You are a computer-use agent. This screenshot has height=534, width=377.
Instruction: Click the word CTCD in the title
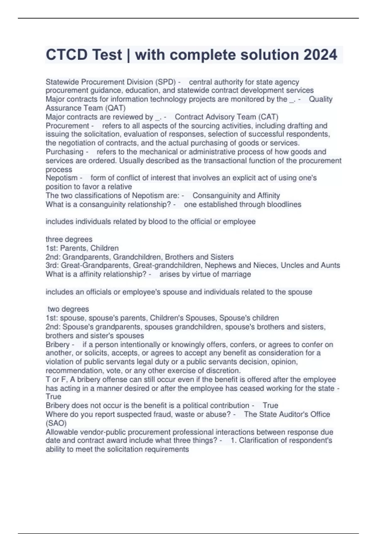[x=67, y=55]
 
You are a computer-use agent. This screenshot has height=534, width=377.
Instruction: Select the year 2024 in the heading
[x=320, y=55]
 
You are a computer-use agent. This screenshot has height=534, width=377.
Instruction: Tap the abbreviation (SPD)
[x=165, y=82]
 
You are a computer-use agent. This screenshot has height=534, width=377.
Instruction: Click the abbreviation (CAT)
[x=268, y=117]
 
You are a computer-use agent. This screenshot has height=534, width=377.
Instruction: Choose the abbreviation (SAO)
[x=56, y=423]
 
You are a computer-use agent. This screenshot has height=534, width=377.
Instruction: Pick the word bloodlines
[x=284, y=204]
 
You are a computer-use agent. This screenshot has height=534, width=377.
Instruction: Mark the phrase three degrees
[x=69, y=239]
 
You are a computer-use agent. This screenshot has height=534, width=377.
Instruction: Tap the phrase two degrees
[x=68, y=309]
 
